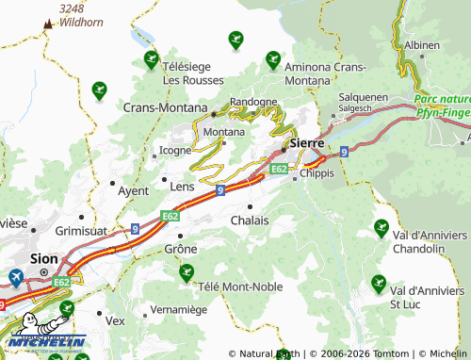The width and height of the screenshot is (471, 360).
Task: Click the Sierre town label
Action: pos(307,142)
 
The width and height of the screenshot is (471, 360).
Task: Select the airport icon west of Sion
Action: pos(16,277)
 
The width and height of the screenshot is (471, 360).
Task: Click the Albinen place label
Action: pos(421,45)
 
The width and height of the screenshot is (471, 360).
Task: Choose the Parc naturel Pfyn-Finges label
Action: pos(441,105)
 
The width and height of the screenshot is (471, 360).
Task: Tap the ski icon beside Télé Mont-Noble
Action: pos(187,272)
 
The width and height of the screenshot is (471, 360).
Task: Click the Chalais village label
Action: pos(250,220)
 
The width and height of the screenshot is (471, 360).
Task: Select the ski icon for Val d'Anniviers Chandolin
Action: pos(382,227)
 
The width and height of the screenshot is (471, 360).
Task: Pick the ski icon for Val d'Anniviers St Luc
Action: pos(379,282)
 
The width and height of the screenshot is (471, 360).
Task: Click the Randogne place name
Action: pos(252,102)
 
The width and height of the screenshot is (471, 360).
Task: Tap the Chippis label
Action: pos(317,173)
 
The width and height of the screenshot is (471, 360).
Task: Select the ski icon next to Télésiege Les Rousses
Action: pos(151,60)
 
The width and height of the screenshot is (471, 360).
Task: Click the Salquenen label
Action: pos(363,96)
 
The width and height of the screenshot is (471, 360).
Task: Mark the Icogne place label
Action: pos(175,149)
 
